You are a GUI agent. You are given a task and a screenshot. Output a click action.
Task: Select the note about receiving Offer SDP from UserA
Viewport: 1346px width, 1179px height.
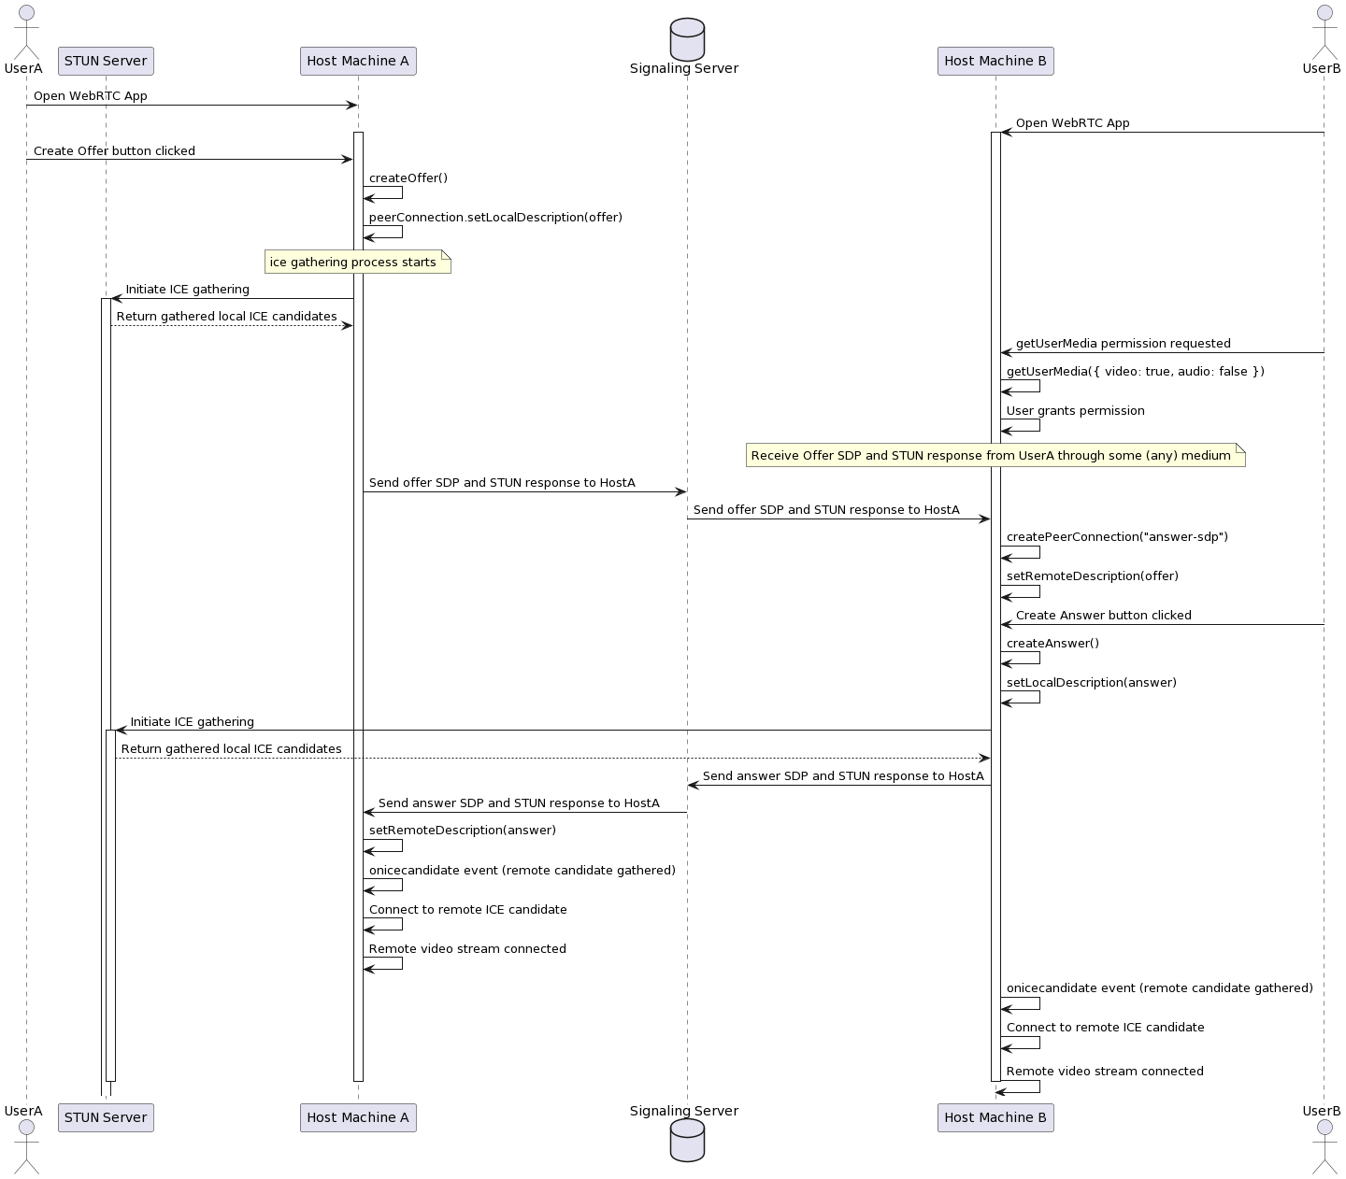[x=995, y=456]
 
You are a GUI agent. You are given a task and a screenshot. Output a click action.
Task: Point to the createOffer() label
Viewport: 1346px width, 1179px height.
[x=408, y=178]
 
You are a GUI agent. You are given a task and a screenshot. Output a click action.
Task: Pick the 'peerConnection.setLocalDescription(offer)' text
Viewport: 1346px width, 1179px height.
[x=495, y=218]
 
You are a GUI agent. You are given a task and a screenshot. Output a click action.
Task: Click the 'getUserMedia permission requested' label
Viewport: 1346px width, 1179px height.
[x=1123, y=344]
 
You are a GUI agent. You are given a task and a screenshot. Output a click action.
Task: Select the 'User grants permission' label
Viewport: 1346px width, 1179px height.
[x=1075, y=411]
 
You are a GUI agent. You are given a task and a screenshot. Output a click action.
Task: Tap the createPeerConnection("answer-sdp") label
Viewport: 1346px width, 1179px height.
[x=1117, y=537]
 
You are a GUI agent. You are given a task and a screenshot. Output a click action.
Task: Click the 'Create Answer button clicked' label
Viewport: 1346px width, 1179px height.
[x=1103, y=616]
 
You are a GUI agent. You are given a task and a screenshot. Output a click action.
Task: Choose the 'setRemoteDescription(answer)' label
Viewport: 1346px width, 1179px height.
[x=463, y=831]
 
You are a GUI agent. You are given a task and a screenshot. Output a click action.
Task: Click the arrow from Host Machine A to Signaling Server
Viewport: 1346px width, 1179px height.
[x=523, y=491]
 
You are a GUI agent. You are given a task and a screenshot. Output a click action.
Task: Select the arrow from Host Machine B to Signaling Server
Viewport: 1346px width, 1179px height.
[x=841, y=785]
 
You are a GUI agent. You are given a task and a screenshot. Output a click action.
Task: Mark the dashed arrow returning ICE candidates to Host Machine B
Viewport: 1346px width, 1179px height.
[x=551, y=758]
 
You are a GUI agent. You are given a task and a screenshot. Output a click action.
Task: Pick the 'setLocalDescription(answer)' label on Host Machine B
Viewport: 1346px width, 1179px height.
[x=1091, y=683]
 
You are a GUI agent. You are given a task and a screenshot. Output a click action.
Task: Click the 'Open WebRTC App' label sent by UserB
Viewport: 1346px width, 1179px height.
[x=1072, y=123]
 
